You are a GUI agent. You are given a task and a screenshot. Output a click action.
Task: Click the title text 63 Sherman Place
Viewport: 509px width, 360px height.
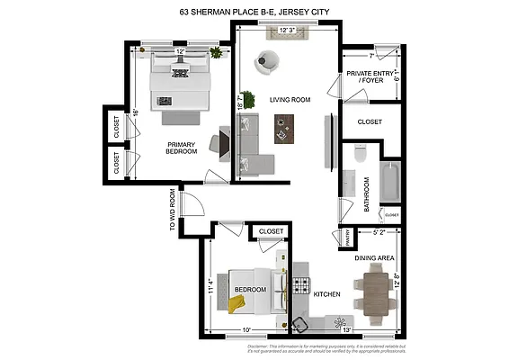pyautogui.click(x=254, y=12)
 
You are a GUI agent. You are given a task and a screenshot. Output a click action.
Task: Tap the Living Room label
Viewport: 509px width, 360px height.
pyautogui.click(x=290, y=100)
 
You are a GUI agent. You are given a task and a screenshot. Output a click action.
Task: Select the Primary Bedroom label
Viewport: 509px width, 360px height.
pyautogui.click(x=181, y=148)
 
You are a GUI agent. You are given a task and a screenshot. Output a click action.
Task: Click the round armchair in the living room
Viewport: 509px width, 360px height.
pyautogui.click(x=267, y=62)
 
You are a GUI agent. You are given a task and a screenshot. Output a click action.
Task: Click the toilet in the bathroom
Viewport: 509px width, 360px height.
pyautogui.click(x=360, y=153)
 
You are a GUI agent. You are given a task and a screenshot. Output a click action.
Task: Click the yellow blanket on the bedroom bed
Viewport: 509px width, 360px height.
pyautogui.click(x=237, y=304)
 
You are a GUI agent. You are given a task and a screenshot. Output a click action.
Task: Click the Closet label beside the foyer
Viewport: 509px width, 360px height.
pyautogui.click(x=370, y=121)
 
